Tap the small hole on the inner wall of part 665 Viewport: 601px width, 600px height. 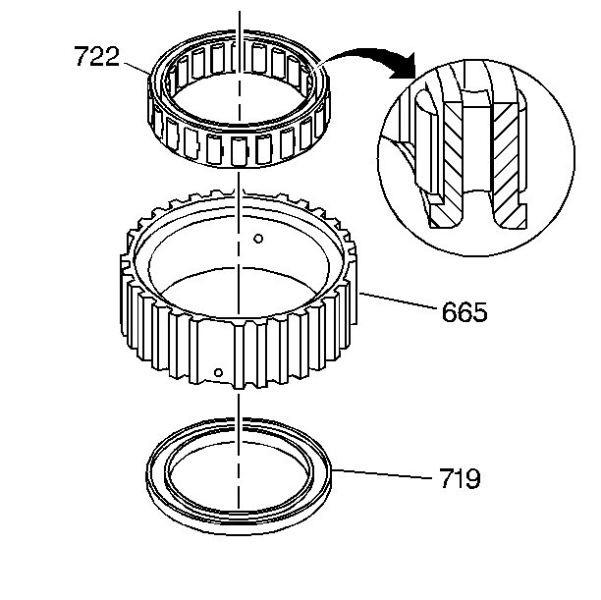tap(256, 238)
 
